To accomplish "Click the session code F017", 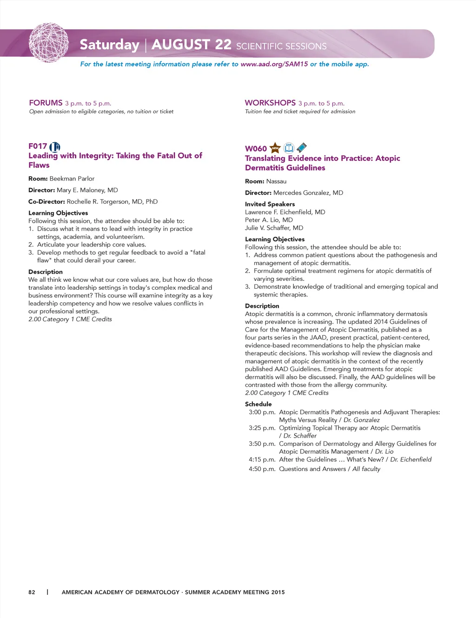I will pyautogui.click(x=38, y=146).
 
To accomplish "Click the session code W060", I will pyautogui.click(x=256, y=149).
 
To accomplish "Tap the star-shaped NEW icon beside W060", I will pyautogui.click(x=275, y=148).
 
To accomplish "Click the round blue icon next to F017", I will pyautogui.click(x=55, y=147).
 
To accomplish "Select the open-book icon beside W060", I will pyautogui.click(x=289, y=148).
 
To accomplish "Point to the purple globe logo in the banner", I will pyautogui.click(x=48, y=43).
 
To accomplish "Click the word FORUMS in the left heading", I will pyautogui.click(x=46, y=103).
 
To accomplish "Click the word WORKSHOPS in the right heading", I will pyautogui.click(x=270, y=103).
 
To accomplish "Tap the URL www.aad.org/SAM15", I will pyautogui.click(x=274, y=64).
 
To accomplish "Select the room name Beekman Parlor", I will pyautogui.click(x=72, y=179).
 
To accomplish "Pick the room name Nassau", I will pyautogui.click(x=276, y=181).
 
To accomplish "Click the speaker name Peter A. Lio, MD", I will pyautogui.click(x=269, y=220).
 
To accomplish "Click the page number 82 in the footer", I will pyautogui.click(x=32, y=592).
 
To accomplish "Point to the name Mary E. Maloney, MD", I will pyautogui.click(x=87, y=190).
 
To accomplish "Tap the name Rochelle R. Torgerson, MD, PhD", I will pyautogui.click(x=112, y=202).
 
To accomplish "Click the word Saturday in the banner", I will pyautogui.click(x=109, y=45).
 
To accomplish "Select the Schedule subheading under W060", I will pyautogui.click(x=258, y=404).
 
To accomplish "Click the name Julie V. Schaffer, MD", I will pyautogui.click(x=274, y=228).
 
